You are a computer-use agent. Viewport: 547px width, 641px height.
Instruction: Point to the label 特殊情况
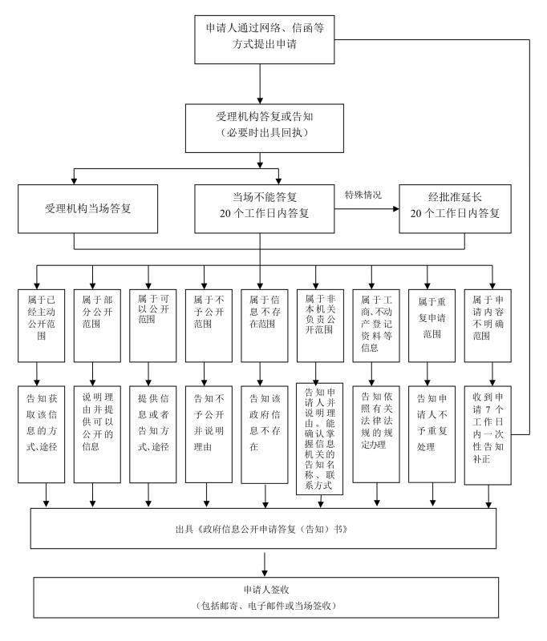click(x=363, y=196)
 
